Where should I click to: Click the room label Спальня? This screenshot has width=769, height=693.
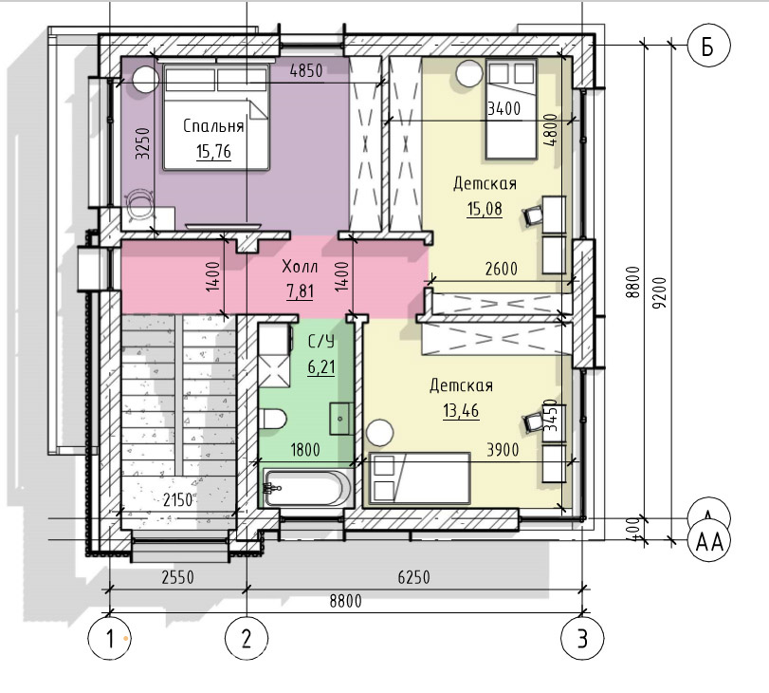[213, 126]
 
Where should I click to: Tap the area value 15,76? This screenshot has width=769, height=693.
[214, 152]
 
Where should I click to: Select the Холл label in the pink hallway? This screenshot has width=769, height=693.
[300, 267]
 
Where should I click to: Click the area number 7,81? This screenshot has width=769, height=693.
[300, 291]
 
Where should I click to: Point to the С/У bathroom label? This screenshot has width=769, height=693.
[321, 342]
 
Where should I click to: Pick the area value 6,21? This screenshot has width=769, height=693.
[321, 366]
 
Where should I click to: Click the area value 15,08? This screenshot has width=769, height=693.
[485, 209]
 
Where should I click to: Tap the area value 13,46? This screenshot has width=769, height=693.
[461, 410]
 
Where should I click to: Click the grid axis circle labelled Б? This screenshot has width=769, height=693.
[708, 46]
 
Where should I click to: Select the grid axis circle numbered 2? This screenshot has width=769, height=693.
[247, 639]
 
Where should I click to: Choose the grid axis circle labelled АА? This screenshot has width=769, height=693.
[709, 542]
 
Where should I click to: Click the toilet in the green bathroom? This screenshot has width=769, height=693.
[272, 420]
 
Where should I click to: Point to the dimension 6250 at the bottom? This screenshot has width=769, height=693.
[414, 577]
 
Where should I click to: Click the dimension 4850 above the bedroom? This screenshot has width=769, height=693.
[306, 71]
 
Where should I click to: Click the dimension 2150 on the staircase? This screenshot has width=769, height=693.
[178, 500]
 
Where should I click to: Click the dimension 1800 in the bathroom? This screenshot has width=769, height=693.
[305, 450]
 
